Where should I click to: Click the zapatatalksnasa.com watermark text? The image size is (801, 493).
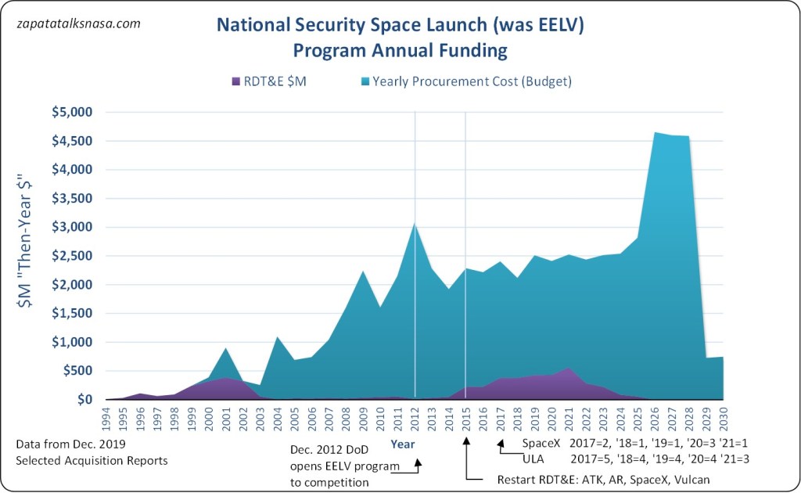[x=78, y=23]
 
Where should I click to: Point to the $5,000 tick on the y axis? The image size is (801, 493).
[x=73, y=112]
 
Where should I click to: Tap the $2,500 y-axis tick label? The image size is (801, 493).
[x=73, y=256]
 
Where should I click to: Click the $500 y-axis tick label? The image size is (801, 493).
[x=78, y=371]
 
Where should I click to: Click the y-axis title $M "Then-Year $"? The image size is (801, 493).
[x=33, y=257]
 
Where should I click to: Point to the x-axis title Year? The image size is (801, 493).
[x=404, y=444]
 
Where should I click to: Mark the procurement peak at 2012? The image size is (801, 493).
[x=415, y=223]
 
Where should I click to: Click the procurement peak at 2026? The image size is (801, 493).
[x=654, y=133]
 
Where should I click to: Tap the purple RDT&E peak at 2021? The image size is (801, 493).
[x=569, y=368]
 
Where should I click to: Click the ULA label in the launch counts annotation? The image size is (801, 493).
[x=533, y=459]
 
